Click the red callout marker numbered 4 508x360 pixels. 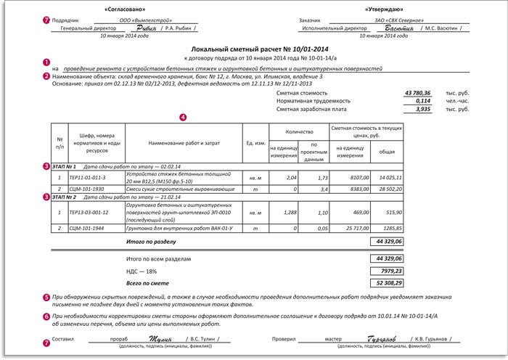[182, 115]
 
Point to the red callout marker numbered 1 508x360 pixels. [47, 63]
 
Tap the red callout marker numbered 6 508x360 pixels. [47, 317]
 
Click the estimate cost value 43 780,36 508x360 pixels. [417, 93]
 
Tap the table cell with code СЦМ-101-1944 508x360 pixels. [87, 227]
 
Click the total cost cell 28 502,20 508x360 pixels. [387, 188]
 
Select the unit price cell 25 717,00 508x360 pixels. [351, 227]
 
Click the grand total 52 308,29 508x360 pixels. [387, 282]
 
